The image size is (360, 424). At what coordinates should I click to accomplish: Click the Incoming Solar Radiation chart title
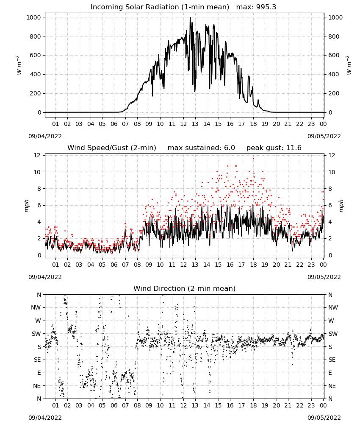[x=160, y=7]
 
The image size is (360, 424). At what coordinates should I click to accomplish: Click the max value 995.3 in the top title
[x=266, y=7]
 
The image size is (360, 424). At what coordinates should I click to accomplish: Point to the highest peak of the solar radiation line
[x=190, y=18]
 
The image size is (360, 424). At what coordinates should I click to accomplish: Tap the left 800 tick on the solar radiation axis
[x=36, y=36]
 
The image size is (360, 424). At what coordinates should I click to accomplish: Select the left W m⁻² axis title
[x=19, y=65]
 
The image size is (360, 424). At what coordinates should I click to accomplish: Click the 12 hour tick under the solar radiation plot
[x=183, y=124]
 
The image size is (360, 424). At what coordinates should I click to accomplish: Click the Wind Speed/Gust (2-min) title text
[x=112, y=148]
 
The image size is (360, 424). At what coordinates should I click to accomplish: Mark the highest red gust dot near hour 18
[x=253, y=159]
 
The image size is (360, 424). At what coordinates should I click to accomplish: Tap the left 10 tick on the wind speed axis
[x=37, y=172]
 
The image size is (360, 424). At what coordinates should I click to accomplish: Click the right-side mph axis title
[x=341, y=206]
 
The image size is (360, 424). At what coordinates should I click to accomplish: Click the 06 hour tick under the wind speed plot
[x=114, y=265]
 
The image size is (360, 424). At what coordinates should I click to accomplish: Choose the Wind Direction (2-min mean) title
[x=185, y=288]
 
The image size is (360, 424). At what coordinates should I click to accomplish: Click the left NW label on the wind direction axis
[x=36, y=308]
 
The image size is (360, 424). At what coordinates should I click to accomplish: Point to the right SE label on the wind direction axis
[x=332, y=360]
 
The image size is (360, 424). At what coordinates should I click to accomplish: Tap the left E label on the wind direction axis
[x=39, y=373]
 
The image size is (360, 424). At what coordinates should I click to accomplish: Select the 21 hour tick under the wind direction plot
[x=288, y=406]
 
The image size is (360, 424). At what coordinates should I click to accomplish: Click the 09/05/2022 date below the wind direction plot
[x=324, y=418]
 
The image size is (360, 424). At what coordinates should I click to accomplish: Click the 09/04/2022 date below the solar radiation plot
[x=45, y=136]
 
